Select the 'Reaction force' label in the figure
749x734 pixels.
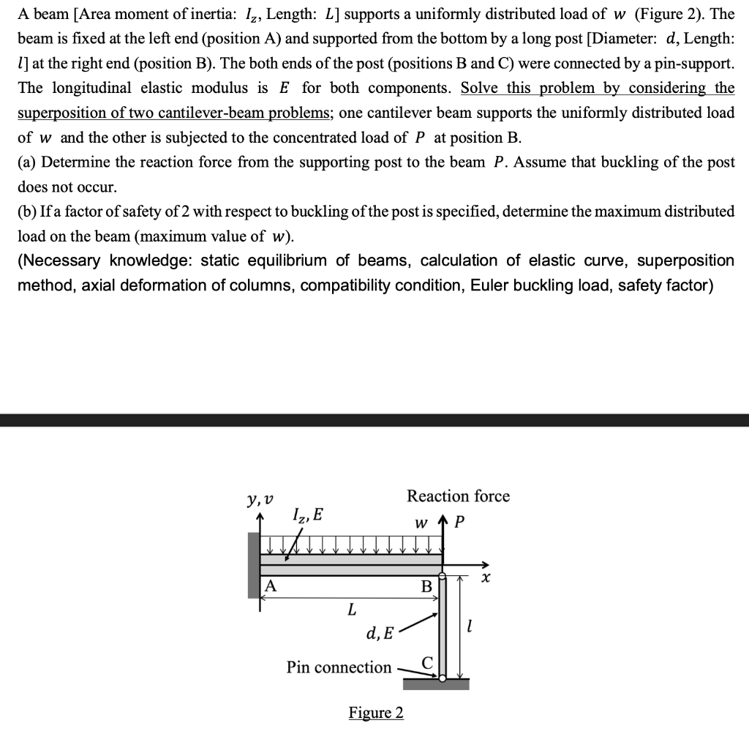pos(458,496)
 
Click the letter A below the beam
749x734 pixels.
pos(271,585)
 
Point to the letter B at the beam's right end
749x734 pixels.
pos(426,587)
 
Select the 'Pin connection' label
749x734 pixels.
pos(339,667)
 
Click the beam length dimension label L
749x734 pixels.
pos(352,609)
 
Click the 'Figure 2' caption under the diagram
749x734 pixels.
pos(376,713)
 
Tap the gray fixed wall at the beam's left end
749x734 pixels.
pos(254,566)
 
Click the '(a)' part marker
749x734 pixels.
pos(27,162)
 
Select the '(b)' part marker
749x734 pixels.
pos(28,212)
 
